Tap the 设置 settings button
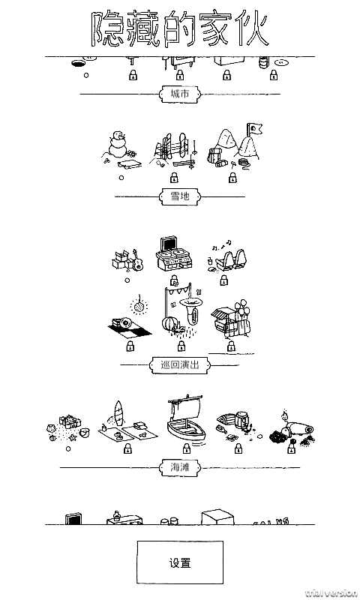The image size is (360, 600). tap(179, 562)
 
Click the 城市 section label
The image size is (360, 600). tap(179, 94)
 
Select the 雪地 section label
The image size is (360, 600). tap(179, 196)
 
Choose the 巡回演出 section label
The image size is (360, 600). tap(179, 365)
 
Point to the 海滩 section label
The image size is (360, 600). tap(179, 467)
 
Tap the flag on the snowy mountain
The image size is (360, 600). tap(256, 129)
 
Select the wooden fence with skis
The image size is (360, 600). tap(174, 148)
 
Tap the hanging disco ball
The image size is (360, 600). tap(138, 306)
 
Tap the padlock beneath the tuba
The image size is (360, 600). tap(180, 346)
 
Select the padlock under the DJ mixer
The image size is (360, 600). tap(174, 282)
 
